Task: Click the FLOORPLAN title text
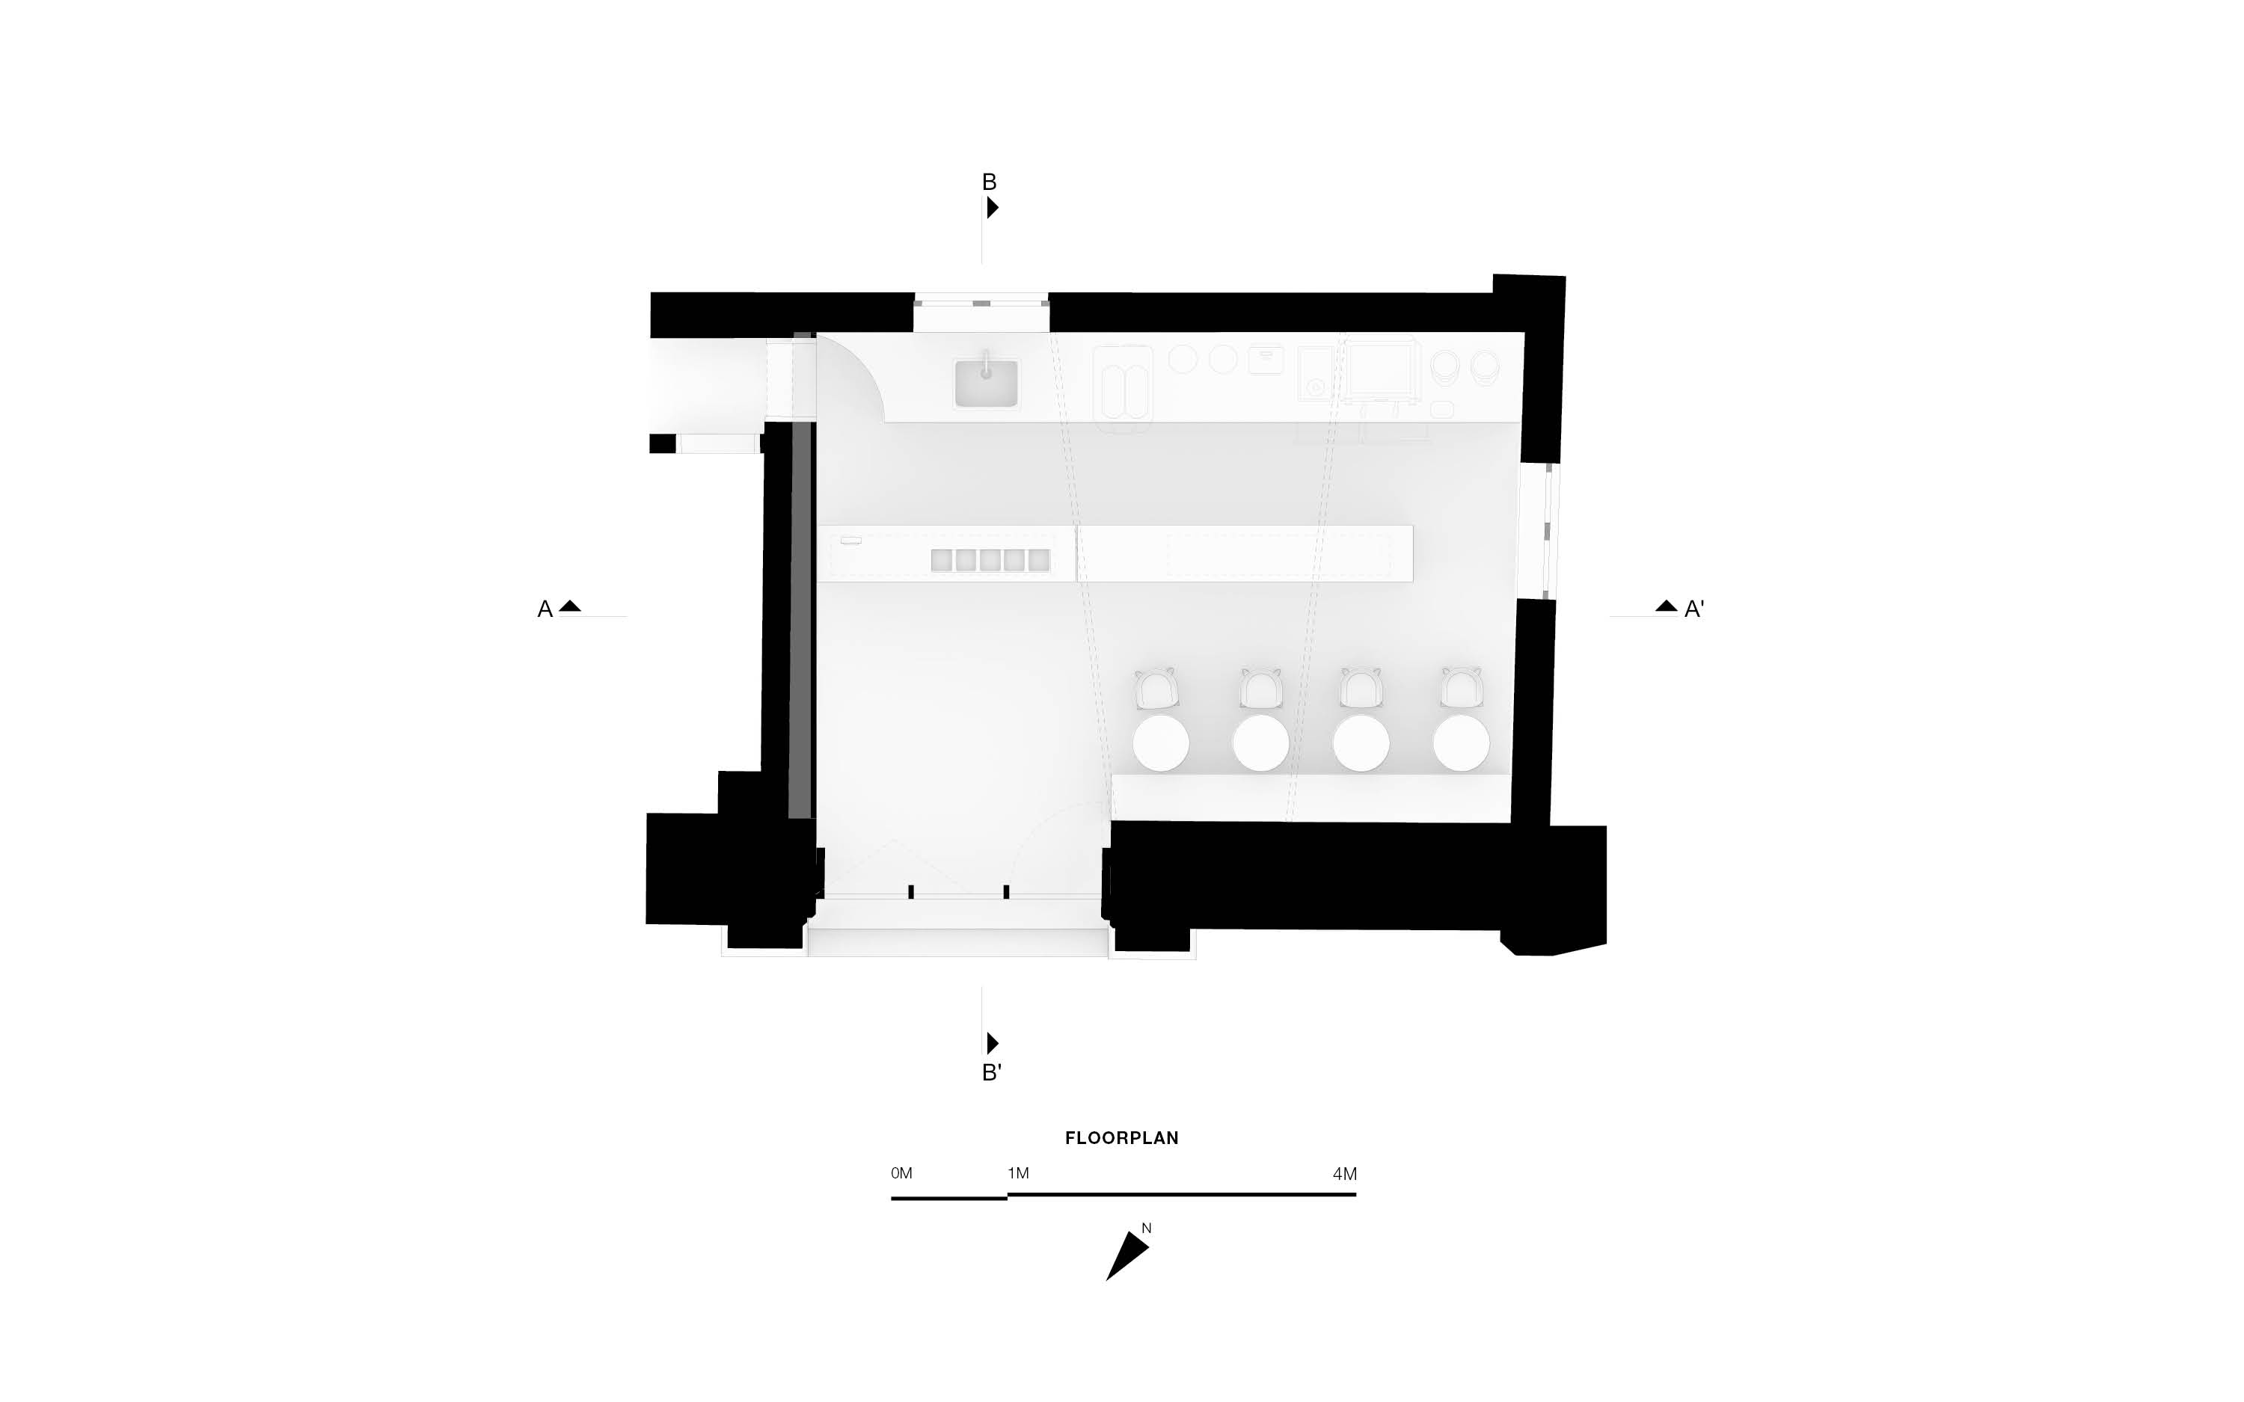pyautogui.click(x=1121, y=1138)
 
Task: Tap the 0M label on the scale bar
pyautogui.click(x=901, y=1173)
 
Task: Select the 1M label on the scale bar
pyautogui.click(x=1018, y=1173)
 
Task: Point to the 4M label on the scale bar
pyautogui.click(x=1345, y=1174)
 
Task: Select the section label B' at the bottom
pyautogui.click(x=991, y=1073)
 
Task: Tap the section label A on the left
pyautogui.click(x=545, y=609)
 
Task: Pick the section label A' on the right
pyautogui.click(x=1694, y=609)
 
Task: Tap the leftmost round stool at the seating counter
pyautogui.click(x=1161, y=742)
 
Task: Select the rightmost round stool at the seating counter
pyautogui.click(x=1462, y=742)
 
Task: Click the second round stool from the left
pyautogui.click(x=1261, y=742)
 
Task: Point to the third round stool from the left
pyautogui.click(x=1361, y=742)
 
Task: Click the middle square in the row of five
pyautogui.click(x=990, y=560)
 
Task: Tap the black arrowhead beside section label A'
pyautogui.click(x=1667, y=606)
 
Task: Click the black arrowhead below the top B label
pyautogui.click(x=992, y=208)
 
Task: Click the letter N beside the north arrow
pyautogui.click(x=1147, y=1229)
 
